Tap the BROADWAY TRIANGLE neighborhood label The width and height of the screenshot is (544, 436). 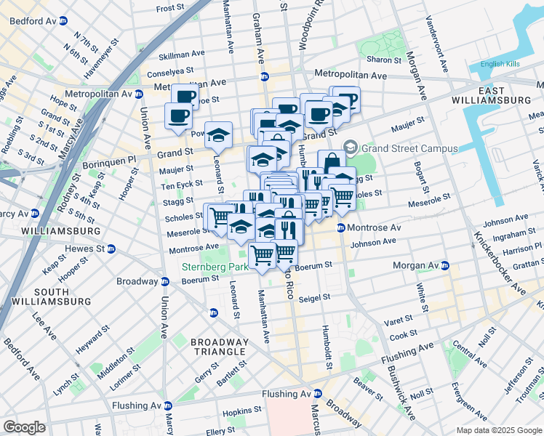click(x=219, y=347)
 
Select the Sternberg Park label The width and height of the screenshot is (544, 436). click(x=215, y=267)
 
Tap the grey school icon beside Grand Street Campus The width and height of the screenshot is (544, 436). click(x=351, y=148)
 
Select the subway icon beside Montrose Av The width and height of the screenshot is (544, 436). click(x=340, y=228)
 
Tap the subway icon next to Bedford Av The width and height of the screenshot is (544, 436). click(x=63, y=21)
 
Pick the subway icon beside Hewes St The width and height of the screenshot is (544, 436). click(x=111, y=249)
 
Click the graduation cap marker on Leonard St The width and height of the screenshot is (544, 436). click(x=217, y=134)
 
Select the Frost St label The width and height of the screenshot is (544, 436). click(x=170, y=8)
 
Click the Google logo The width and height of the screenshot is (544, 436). click(x=25, y=427)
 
